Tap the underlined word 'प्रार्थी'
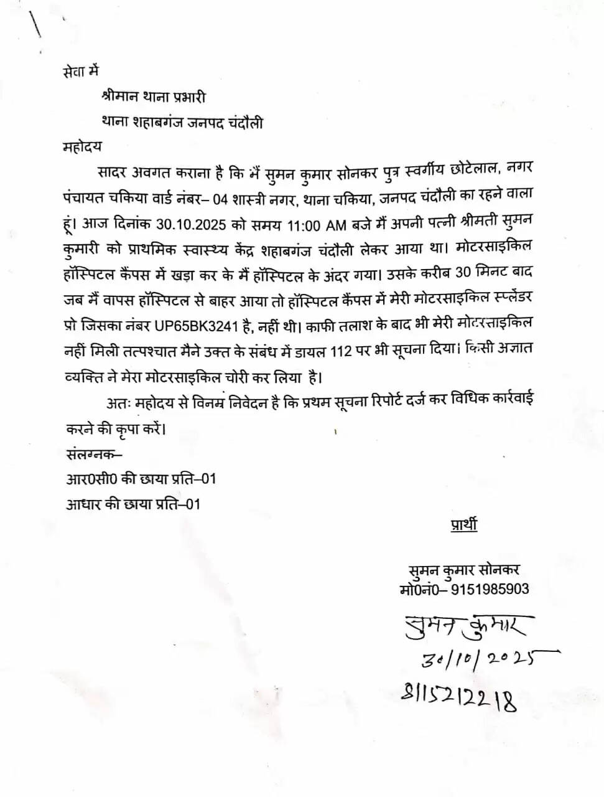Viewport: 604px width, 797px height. tap(463, 524)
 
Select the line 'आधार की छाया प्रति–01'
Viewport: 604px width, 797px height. tap(133, 504)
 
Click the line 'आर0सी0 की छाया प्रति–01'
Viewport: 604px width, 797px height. tap(141, 479)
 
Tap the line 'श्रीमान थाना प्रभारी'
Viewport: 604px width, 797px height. tap(153, 97)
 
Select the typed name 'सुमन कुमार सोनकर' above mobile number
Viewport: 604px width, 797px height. tap(464, 570)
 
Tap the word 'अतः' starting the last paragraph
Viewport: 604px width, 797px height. tap(118, 403)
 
